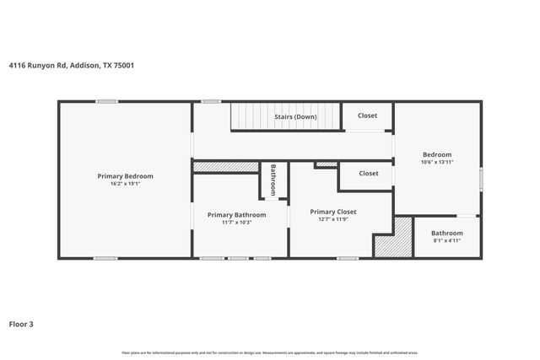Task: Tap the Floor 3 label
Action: pos(22,323)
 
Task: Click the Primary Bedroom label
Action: pos(125,175)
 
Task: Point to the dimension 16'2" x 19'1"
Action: pos(125,183)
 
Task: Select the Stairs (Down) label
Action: pos(295,116)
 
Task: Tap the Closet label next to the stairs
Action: pos(368,116)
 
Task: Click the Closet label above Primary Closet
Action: pos(369,173)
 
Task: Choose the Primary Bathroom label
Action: pos(237,215)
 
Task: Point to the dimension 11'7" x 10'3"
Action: pos(237,223)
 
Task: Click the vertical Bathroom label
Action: pos(273,180)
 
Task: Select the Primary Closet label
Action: pos(333,212)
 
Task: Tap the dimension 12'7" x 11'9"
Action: pos(333,219)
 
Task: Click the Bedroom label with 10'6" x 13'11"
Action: pos(437,154)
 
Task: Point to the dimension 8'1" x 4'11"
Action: pos(446,240)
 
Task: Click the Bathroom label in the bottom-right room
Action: pos(446,233)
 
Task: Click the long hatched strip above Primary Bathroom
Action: pos(225,167)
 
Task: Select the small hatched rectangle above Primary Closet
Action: pos(327,164)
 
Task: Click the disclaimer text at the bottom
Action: pos(270,352)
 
